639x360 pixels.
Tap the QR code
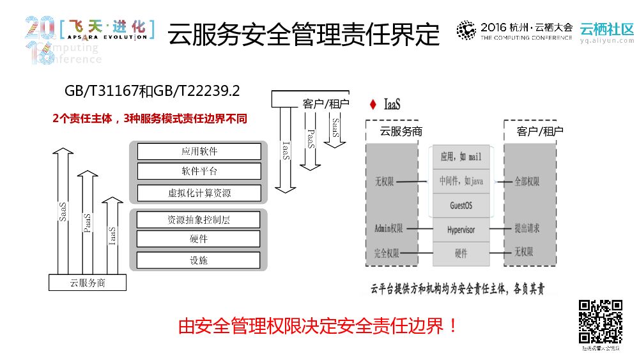pyautogui.click(x=601, y=322)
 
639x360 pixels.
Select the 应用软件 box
pyautogui.click(x=199, y=152)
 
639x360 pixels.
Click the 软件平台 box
pyautogui.click(x=199, y=171)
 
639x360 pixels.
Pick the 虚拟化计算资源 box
pyautogui.click(x=199, y=192)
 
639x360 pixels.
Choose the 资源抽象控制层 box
pyautogui.click(x=199, y=219)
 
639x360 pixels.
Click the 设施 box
pyautogui.click(x=199, y=260)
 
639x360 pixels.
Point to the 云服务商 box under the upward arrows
pyautogui.click(x=88, y=282)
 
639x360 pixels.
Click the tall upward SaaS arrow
pyautogui.click(x=63, y=211)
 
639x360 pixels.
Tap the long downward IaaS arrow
pyautogui.click(x=286, y=150)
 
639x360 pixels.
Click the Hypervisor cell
pyautogui.click(x=461, y=230)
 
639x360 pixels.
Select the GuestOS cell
pyautogui.click(x=461, y=205)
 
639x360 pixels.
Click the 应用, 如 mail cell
pyautogui.click(x=461, y=157)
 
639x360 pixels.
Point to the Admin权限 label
pyautogui.click(x=389, y=228)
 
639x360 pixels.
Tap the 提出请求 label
pyautogui.click(x=527, y=228)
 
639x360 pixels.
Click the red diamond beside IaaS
pyautogui.click(x=373, y=104)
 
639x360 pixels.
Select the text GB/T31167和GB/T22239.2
pyautogui.click(x=152, y=91)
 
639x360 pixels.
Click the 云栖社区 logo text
pyautogui.click(x=606, y=29)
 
